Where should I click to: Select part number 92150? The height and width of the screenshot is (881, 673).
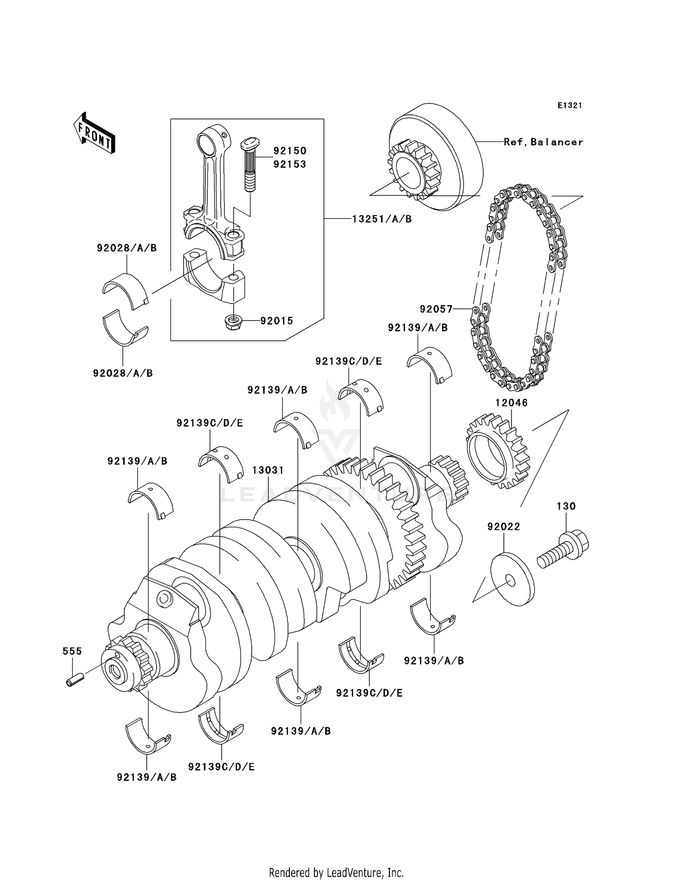[x=290, y=150]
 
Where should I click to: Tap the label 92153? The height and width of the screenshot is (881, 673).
[x=290, y=164]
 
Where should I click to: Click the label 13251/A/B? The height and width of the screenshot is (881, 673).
[x=382, y=219]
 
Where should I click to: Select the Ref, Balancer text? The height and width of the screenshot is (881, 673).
[x=543, y=142]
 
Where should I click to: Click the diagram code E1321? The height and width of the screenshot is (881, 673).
[x=570, y=106]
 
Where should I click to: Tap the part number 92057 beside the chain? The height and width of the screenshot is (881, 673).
[x=436, y=309]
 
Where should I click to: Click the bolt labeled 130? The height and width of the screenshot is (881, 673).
[x=564, y=548]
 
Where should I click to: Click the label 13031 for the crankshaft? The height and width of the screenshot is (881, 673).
[x=268, y=470]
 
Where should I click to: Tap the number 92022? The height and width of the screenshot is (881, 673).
[x=504, y=526]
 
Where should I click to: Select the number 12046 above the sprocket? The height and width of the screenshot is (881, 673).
[x=511, y=403]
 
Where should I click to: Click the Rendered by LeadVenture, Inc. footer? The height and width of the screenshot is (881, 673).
[x=336, y=872]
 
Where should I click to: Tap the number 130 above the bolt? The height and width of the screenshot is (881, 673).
[x=566, y=506]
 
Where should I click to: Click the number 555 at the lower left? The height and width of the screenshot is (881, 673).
[x=72, y=651]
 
